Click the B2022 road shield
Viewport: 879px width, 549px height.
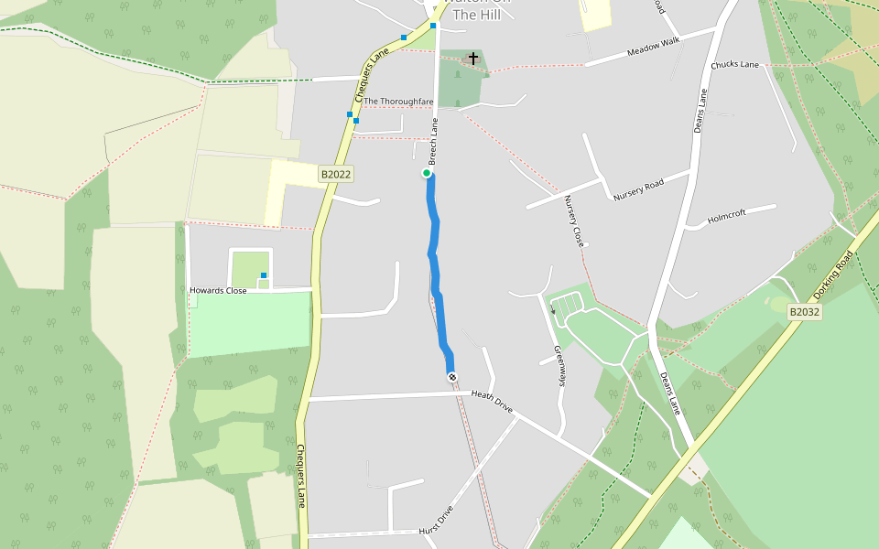click(x=336, y=174)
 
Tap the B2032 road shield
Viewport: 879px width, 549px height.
click(x=805, y=312)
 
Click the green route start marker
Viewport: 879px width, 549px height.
click(x=427, y=173)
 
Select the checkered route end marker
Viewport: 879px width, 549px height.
click(x=451, y=377)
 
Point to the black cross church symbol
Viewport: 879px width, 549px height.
click(x=473, y=59)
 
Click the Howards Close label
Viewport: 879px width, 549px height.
click(x=218, y=291)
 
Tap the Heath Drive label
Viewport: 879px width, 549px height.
click(x=492, y=400)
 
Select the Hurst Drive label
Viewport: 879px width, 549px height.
click(x=436, y=520)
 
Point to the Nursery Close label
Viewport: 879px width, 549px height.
click(x=574, y=222)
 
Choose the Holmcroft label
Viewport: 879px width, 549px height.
click(x=728, y=213)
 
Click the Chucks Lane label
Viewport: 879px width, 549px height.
click(x=735, y=65)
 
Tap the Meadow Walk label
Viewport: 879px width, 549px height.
click(x=655, y=47)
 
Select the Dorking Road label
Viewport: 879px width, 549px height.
click(x=833, y=274)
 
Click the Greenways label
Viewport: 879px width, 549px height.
click(x=560, y=365)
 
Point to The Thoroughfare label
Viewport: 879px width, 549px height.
click(x=398, y=102)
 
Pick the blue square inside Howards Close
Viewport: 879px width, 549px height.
click(x=264, y=275)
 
